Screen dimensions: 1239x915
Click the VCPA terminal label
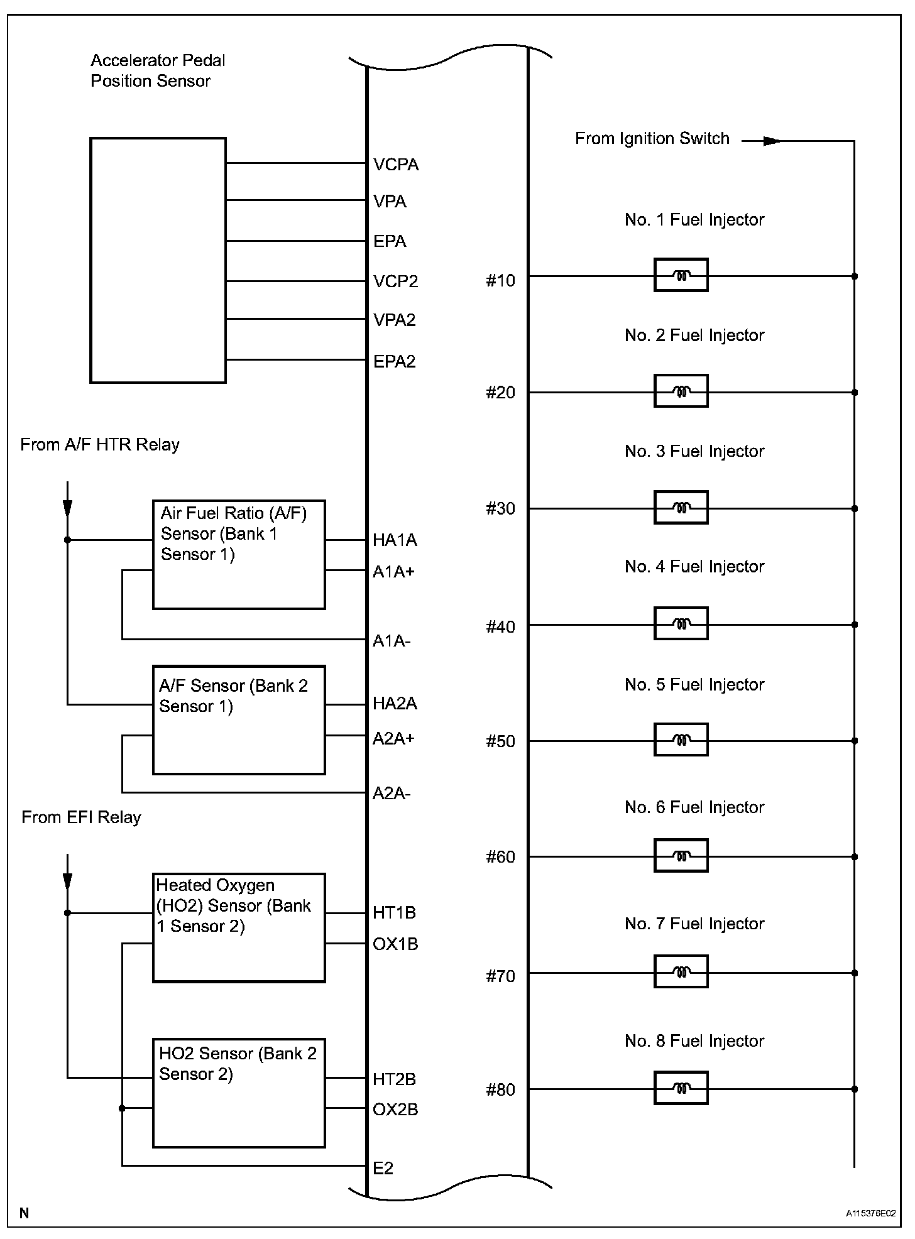coord(395,165)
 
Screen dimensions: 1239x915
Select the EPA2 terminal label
coord(394,361)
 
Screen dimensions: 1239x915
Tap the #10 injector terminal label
coord(500,281)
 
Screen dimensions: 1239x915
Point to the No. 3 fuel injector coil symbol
coord(681,508)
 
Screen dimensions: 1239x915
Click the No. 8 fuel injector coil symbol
coord(681,1088)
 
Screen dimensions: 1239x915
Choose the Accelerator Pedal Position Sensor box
coord(158,260)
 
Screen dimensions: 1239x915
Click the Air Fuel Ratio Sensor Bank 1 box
coord(239,555)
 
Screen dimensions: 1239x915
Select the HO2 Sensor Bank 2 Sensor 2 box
coord(239,1093)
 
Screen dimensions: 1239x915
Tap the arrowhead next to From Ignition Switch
coord(772,141)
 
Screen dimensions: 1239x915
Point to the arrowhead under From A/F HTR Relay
coord(67,508)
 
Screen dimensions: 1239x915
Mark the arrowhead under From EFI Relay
coord(67,881)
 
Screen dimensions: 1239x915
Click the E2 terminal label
coord(383,1168)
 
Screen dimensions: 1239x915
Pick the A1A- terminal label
coord(391,641)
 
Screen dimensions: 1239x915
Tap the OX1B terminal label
coord(395,944)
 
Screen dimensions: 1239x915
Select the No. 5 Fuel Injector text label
coord(694,684)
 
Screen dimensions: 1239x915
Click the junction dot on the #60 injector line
coord(855,856)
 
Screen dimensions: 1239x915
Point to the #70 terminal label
coord(500,976)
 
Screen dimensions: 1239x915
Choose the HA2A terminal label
coord(395,704)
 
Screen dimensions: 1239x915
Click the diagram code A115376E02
coord(870,1213)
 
